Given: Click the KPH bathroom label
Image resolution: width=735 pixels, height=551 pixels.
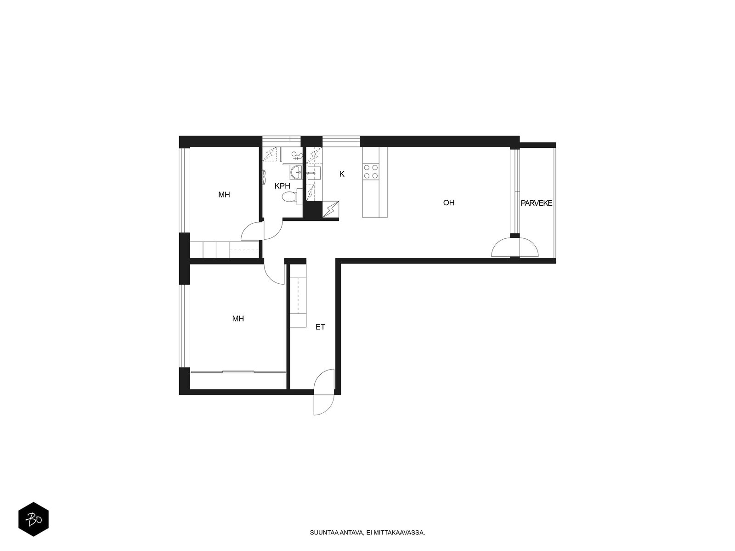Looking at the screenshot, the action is (282, 186).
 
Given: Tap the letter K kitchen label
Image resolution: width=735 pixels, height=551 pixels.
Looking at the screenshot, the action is (342, 174).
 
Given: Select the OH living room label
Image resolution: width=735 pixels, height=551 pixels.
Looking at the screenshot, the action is (448, 202).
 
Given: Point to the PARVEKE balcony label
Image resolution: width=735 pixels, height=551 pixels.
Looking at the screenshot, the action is (536, 203).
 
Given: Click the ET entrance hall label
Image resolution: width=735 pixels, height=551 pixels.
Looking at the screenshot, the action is (320, 327).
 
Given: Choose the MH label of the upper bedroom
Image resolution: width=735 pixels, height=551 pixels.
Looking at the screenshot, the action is (224, 195).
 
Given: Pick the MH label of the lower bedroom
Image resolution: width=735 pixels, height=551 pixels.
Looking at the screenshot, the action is (238, 319).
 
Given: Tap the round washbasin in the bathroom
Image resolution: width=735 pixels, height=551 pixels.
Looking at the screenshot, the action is (296, 173).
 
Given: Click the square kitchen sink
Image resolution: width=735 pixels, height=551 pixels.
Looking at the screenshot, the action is (314, 173).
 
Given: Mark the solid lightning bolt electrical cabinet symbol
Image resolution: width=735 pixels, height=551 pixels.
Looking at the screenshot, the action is (330, 210).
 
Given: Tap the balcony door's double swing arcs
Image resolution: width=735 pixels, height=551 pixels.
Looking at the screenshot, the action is (514, 247).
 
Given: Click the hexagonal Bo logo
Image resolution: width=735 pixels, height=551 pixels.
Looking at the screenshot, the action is (34, 519).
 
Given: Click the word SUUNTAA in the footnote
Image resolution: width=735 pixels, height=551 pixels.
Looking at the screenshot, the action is (320, 532).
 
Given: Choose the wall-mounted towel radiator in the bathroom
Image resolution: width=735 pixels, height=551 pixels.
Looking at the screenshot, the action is (264, 176).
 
